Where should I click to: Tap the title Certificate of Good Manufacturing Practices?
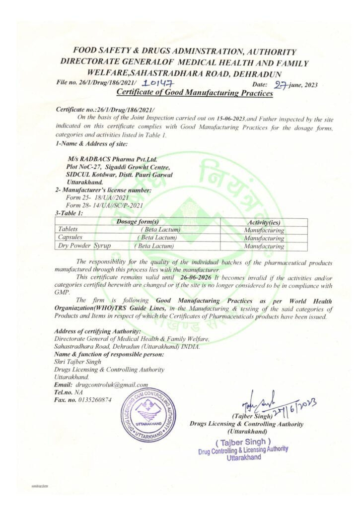point(194,93)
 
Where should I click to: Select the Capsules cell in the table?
point(71,238)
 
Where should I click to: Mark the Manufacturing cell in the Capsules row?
point(265,238)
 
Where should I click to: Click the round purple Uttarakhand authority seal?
point(148,415)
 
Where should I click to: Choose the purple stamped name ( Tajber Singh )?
point(243,441)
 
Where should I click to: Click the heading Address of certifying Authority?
point(97,331)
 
